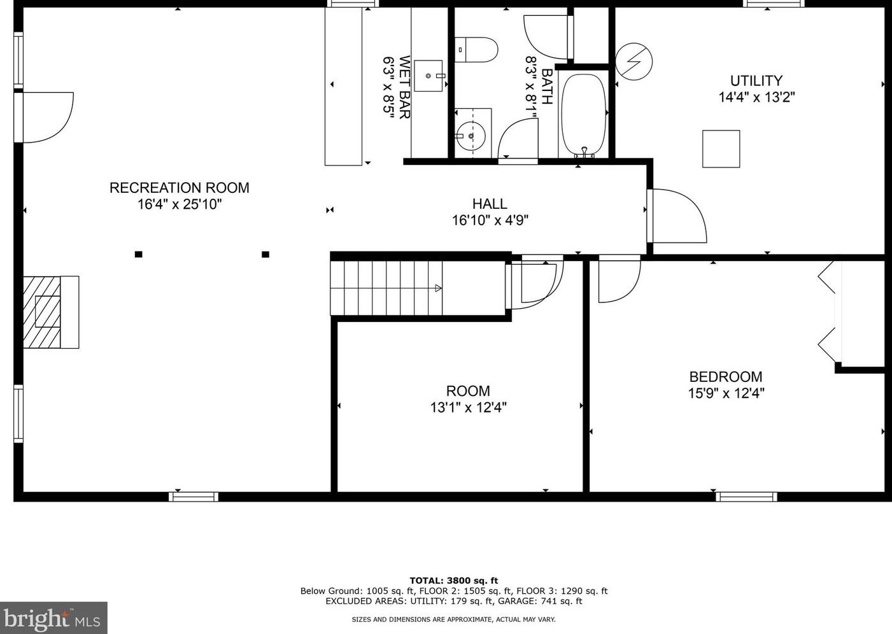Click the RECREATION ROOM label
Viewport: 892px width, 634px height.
click(x=179, y=188)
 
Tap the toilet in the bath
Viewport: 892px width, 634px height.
click(x=476, y=50)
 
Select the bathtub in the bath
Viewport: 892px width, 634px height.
click(x=584, y=115)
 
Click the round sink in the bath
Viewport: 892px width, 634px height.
click(x=471, y=136)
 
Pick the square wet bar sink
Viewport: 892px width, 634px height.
click(x=428, y=76)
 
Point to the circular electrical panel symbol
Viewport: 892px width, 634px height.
click(x=634, y=62)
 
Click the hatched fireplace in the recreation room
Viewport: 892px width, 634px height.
click(x=51, y=312)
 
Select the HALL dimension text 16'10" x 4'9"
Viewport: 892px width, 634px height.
click(x=490, y=220)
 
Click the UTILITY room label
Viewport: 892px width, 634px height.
click(x=756, y=81)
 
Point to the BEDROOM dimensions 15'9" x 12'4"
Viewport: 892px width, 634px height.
click(x=726, y=393)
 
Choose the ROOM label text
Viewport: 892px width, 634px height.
click(x=468, y=391)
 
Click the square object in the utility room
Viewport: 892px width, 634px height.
click(x=721, y=149)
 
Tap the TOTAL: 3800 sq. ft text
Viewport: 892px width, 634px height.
click(x=453, y=581)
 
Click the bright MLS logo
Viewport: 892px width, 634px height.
click(x=53, y=618)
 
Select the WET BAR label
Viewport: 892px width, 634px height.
click(x=404, y=87)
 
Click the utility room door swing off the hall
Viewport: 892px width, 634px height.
click(x=677, y=216)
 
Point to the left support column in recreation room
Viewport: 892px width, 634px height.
click(x=139, y=255)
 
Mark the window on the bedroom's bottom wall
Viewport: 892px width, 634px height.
click(x=746, y=497)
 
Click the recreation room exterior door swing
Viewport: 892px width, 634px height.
click(x=48, y=118)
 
